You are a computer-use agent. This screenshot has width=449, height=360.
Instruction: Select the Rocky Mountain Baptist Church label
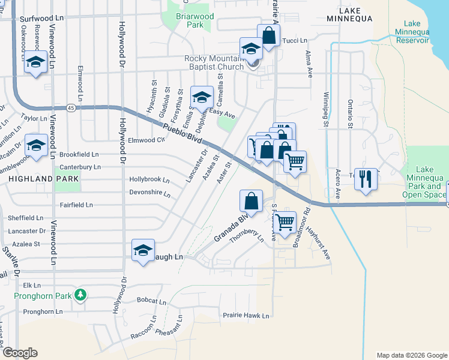pos(214,62)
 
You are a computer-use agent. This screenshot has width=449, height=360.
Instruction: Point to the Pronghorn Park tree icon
pos(79,295)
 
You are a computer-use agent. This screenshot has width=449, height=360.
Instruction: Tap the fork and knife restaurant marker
pos(366,178)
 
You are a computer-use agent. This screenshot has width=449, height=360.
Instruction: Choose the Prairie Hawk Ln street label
pos(246,315)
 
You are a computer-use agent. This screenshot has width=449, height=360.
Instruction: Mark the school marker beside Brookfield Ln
pos(36,145)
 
